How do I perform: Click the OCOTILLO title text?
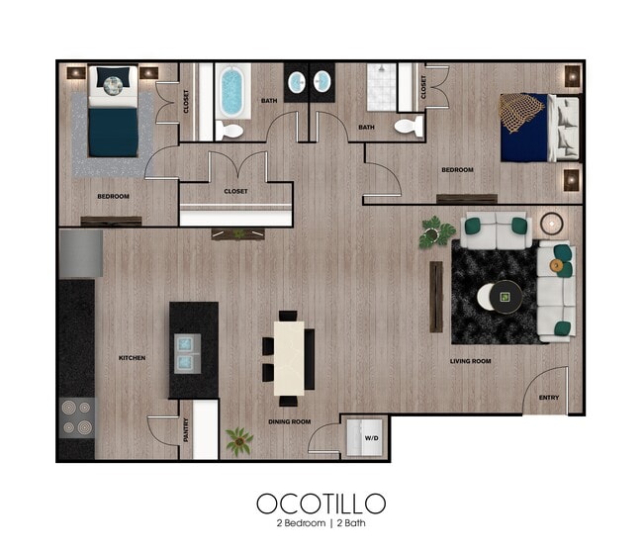321,503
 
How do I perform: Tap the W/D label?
372,436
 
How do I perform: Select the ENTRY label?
549,398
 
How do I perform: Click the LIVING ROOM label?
470,361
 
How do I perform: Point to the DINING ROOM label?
290,422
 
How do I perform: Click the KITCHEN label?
132,357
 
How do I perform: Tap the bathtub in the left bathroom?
233,91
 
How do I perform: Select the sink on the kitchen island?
190,345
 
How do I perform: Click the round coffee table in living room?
504,295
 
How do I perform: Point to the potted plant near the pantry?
238,440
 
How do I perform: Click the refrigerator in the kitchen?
80,254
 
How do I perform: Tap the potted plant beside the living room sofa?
436,232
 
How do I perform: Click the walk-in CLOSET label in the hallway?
235,191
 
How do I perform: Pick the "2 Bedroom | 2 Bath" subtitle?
321,523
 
